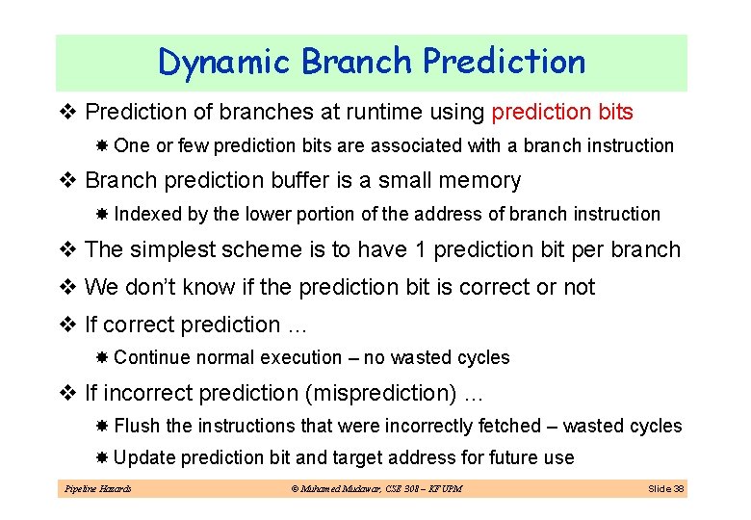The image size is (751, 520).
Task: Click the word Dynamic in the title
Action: coord(224,63)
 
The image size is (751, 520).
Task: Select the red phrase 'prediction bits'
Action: coord(562,113)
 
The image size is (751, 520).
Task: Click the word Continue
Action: coord(152,358)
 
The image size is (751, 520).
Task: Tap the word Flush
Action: coord(137,426)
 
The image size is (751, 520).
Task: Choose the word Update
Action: coord(144,457)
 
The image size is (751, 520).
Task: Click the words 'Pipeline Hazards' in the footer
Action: coord(97,489)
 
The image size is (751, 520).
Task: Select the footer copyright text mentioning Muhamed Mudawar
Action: coord(375,489)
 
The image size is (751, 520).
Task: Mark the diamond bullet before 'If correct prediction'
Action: coord(69,325)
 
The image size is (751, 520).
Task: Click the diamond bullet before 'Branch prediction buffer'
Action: coord(69,180)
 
